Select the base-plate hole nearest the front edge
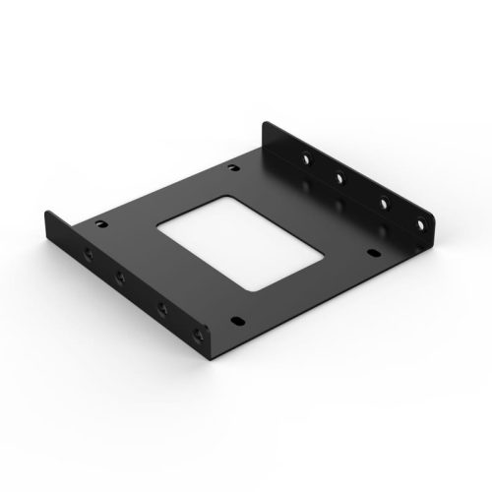click(x=237, y=319)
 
